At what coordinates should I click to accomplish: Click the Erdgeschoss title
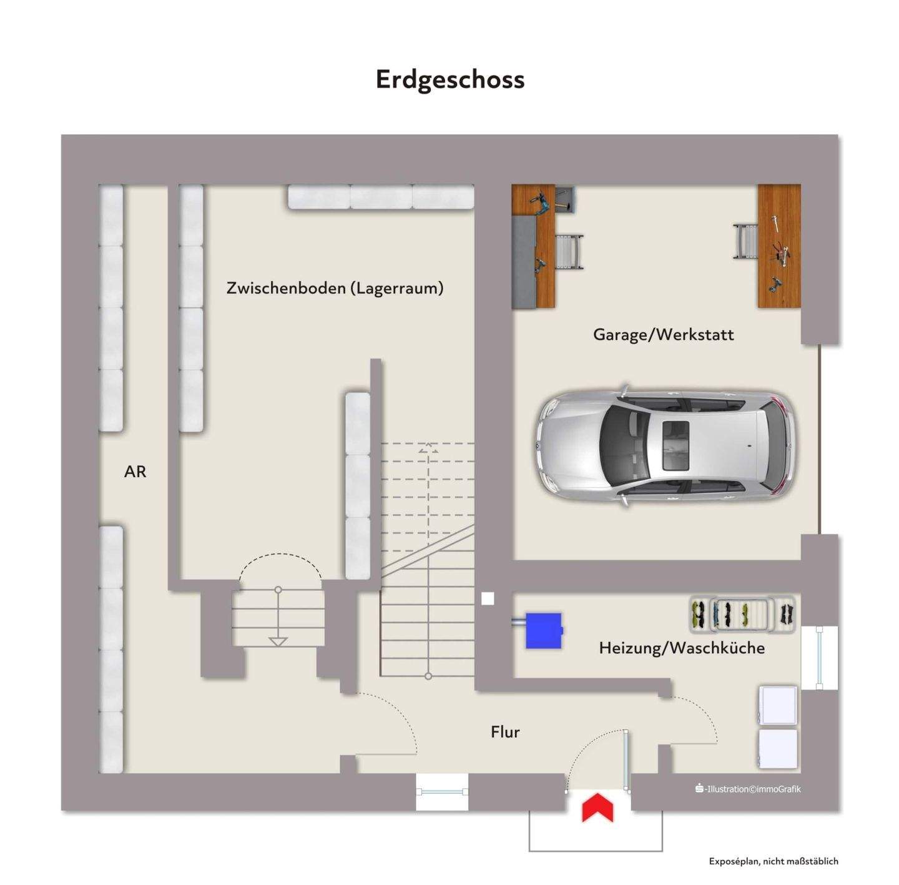(x=449, y=80)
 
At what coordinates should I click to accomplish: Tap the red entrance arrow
(x=597, y=808)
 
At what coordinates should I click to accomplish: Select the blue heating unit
(x=543, y=630)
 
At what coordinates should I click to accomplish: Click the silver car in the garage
(x=666, y=446)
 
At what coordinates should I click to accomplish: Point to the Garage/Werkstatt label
(x=663, y=335)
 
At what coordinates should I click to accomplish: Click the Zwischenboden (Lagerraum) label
(x=335, y=288)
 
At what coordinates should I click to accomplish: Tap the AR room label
(x=135, y=472)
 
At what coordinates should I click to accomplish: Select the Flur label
(x=505, y=732)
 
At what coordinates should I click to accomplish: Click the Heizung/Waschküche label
(x=682, y=648)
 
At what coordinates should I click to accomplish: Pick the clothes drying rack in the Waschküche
(x=743, y=615)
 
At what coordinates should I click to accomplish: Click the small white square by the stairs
(x=488, y=598)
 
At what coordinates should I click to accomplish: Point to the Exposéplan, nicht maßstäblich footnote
(x=774, y=861)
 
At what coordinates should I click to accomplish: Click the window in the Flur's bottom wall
(x=442, y=791)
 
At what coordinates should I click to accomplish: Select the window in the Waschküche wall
(x=820, y=657)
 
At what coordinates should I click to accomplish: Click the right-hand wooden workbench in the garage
(x=779, y=246)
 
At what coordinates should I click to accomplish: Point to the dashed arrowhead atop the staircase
(x=428, y=448)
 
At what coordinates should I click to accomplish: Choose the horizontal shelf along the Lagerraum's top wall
(x=381, y=197)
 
